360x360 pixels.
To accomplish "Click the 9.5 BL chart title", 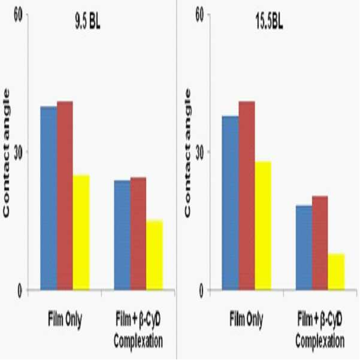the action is point(87,22).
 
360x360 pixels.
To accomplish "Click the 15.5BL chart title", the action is point(269,22).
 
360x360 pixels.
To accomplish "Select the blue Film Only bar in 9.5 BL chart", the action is point(49,198).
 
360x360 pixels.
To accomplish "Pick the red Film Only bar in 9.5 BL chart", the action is point(65,195).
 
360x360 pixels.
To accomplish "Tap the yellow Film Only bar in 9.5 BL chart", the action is point(81,232).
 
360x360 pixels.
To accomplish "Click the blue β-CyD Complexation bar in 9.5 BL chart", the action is point(122,235).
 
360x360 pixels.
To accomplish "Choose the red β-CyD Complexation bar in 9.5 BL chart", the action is point(138,234).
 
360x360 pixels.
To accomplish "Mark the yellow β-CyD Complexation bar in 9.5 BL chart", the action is point(155,255).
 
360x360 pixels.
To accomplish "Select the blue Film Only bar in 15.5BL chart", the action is point(231,203).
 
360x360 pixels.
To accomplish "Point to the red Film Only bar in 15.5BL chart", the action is point(247,195).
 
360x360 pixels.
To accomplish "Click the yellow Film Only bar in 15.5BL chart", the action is point(263,225).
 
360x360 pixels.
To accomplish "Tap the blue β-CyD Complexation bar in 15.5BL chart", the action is point(304,247).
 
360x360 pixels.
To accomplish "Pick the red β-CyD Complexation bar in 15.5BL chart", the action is point(320,243).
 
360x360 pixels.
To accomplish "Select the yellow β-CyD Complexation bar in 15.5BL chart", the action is point(337,271).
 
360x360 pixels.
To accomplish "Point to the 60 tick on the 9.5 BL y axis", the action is point(18,16).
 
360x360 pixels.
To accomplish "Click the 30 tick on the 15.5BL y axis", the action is point(200,152).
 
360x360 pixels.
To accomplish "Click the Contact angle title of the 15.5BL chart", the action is point(187,153).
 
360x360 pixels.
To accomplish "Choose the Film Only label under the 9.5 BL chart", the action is point(65,319).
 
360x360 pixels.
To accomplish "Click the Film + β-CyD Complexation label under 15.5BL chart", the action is point(320,331).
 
